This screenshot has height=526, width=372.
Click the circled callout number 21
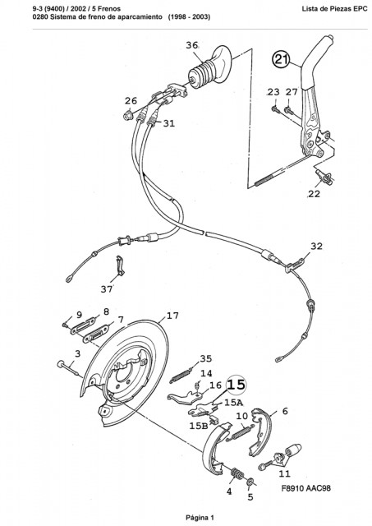(x=280, y=60)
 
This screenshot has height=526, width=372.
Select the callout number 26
(x=131, y=100)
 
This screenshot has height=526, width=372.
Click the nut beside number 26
(x=127, y=116)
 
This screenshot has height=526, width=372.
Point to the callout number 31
(x=169, y=123)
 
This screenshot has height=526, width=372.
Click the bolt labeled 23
(x=275, y=108)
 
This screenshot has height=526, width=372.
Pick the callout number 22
(x=314, y=194)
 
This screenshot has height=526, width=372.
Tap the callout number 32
(x=316, y=247)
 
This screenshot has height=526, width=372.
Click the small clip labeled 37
(x=120, y=265)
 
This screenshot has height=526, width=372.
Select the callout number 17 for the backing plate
(x=172, y=316)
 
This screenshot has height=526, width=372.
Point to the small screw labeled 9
(x=65, y=325)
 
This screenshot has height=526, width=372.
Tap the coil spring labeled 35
(x=181, y=376)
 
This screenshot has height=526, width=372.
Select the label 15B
(x=199, y=426)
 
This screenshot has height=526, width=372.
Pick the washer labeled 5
(x=250, y=482)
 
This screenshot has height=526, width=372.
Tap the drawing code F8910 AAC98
(x=306, y=487)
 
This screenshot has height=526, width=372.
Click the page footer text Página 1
(x=200, y=518)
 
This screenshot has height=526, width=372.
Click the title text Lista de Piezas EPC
(x=334, y=9)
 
